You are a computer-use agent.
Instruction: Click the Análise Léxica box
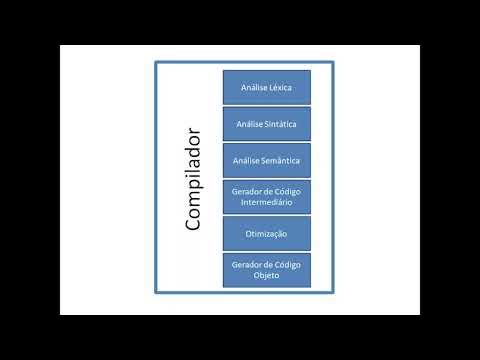pyautogui.click(x=266, y=88)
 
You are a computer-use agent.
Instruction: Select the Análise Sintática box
pyautogui.click(x=266, y=124)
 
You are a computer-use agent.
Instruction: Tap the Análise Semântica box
pyautogui.click(x=266, y=160)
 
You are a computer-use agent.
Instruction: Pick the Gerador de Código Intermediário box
pyautogui.click(x=266, y=196)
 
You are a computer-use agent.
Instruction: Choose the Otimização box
pyautogui.click(x=266, y=233)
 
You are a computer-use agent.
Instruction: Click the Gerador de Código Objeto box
pyautogui.click(x=266, y=269)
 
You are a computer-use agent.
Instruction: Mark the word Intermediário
pyautogui.click(x=266, y=202)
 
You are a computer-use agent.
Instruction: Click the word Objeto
pyautogui.click(x=266, y=275)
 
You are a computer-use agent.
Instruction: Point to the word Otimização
pyautogui.click(x=266, y=233)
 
